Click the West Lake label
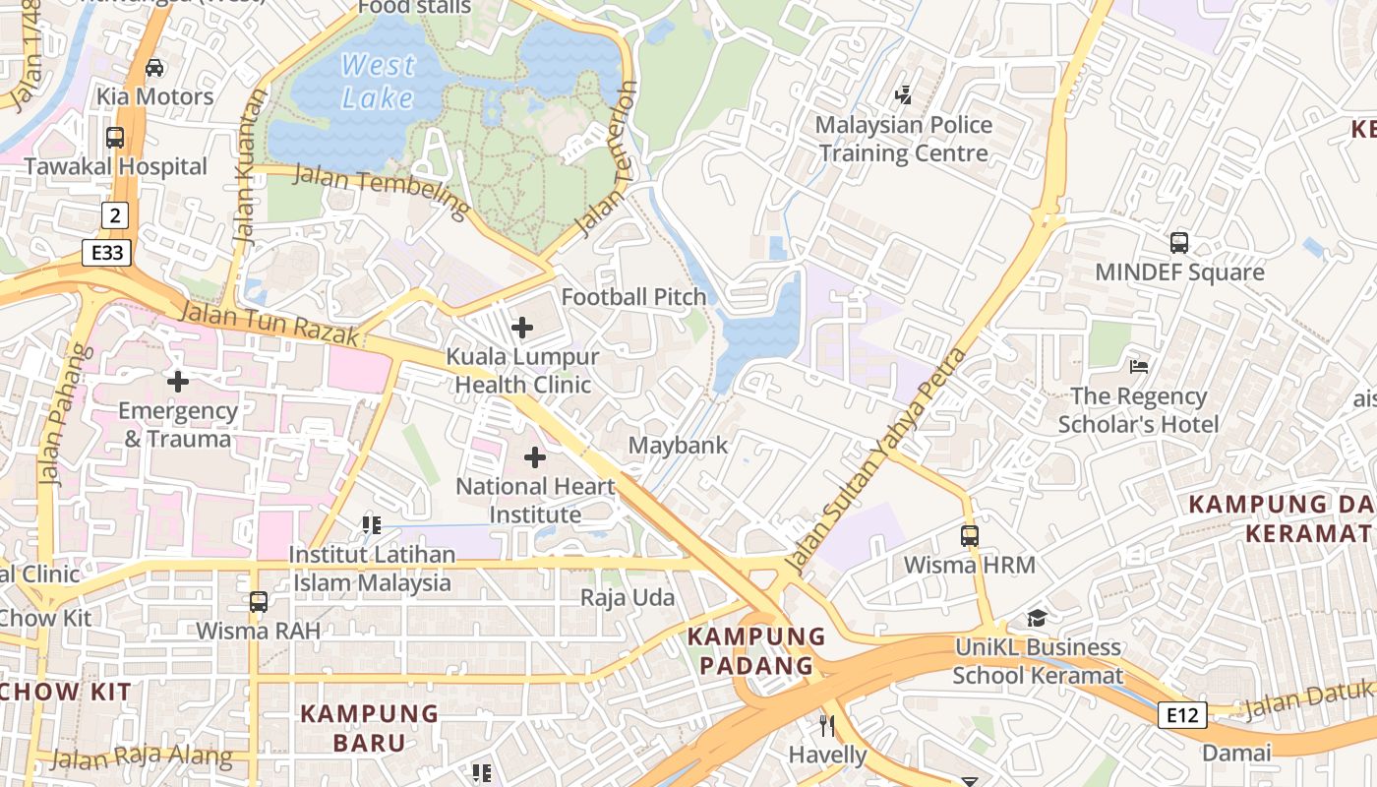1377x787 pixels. [x=379, y=82]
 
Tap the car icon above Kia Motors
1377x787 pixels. [x=154, y=68]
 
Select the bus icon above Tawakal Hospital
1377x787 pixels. [x=115, y=138]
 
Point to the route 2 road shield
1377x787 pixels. [x=115, y=214]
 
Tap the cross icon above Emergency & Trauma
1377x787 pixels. [x=178, y=381]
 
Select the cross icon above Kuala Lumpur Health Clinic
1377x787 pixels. [x=522, y=328]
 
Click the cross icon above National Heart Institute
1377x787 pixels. [x=535, y=457]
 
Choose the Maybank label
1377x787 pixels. [x=679, y=446]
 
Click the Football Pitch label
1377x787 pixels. [x=633, y=297]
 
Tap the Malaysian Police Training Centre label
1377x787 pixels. [x=903, y=140]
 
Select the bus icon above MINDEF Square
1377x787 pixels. [x=1179, y=242]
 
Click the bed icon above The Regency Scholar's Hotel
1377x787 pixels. [x=1139, y=367]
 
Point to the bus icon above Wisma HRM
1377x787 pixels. [x=970, y=536]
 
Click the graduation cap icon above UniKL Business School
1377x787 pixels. [x=1037, y=618]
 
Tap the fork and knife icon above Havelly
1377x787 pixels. [x=827, y=726]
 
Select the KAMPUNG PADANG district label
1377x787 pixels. [x=755, y=651]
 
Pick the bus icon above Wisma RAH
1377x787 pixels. [x=259, y=601]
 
